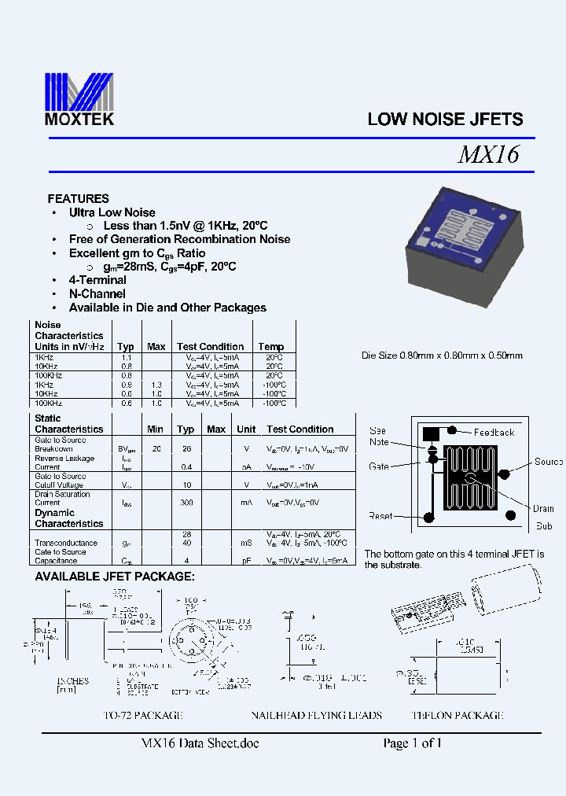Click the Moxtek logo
coord(79,98)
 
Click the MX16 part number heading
coord(488,155)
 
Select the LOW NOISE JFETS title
coord(445,120)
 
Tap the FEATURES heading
coord(78,199)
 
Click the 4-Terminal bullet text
coord(97,280)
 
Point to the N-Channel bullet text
coord(97,294)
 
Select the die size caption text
coord(442,356)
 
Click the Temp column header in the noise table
coord(271,347)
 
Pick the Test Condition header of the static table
coord(300,429)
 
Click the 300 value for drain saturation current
coord(186,502)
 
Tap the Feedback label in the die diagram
coord(494,432)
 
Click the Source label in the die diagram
coord(549,462)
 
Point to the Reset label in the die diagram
coord(380,516)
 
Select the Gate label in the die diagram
coord(379,466)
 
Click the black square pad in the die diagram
coord(431,433)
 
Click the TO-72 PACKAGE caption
coord(143,716)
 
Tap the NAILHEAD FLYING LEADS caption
coord(316,716)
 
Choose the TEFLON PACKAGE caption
coord(457,716)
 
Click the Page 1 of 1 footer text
coord(412,743)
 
